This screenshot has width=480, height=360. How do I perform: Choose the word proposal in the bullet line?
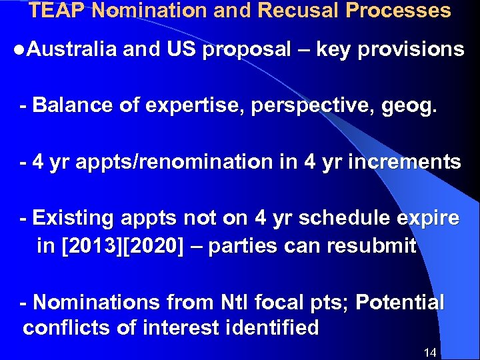[x=247, y=49]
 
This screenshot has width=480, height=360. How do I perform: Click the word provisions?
[x=411, y=49]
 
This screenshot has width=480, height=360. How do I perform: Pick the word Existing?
[x=73, y=219]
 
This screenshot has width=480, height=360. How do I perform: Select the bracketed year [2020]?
[x=154, y=247]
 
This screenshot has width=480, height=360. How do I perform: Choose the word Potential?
[x=400, y=303]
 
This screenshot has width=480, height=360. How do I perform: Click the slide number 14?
[x=430, y=352]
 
